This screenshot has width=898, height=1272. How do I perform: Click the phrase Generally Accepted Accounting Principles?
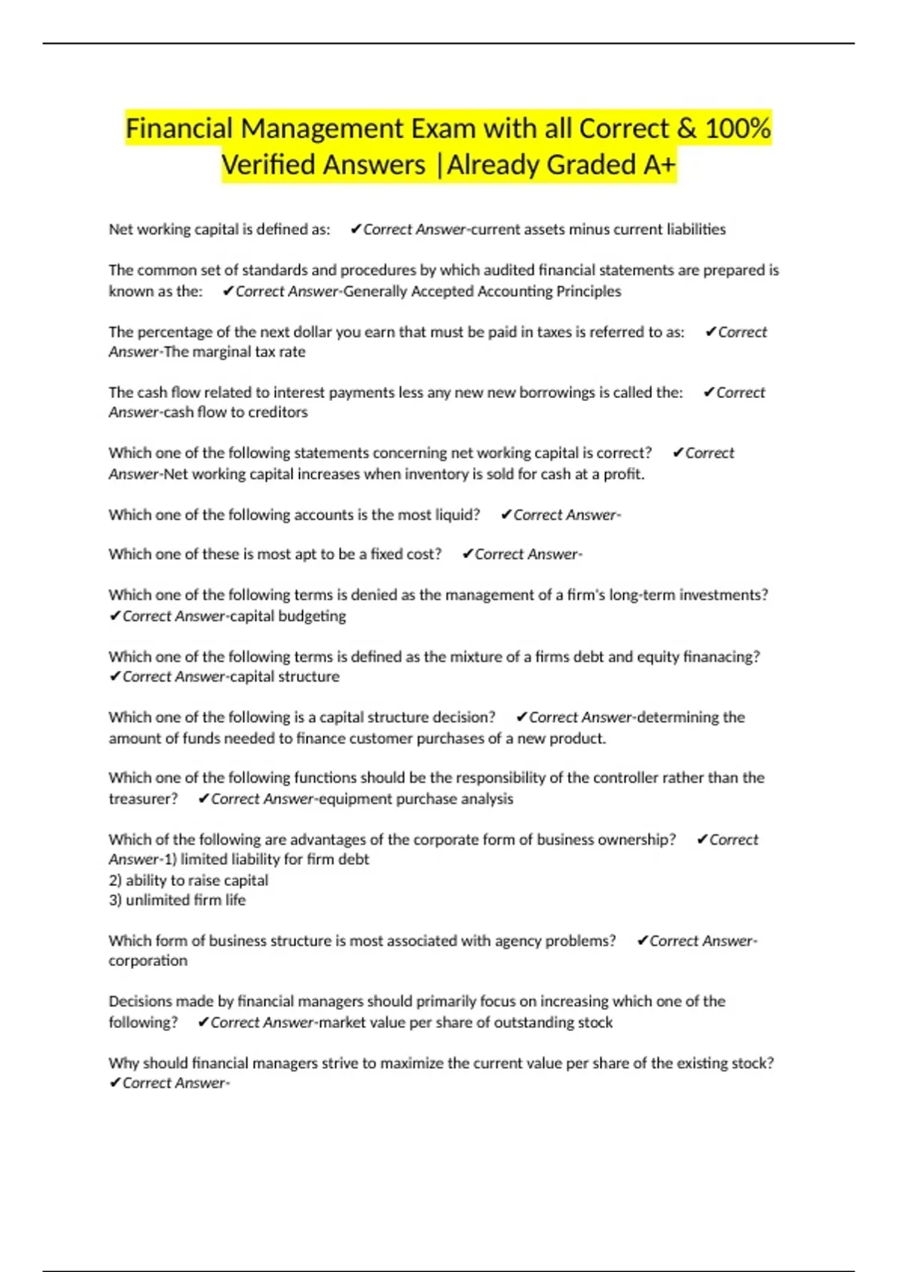point(482,291)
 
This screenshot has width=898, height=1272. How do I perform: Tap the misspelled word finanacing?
point(721,656)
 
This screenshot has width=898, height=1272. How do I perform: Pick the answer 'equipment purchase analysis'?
point(416,798)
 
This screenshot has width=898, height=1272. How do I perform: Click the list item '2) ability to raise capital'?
point(189,880)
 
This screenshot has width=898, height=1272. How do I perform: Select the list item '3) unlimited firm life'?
point(177,900)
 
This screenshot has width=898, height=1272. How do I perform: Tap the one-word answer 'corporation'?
point(148,961)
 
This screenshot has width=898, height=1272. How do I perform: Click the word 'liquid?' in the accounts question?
point(456,515)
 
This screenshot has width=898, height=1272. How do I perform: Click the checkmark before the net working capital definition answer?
point(355,229)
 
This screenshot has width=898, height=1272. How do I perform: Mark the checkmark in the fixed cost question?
point(468,554)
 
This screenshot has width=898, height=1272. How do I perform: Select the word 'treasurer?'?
point(143,798)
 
